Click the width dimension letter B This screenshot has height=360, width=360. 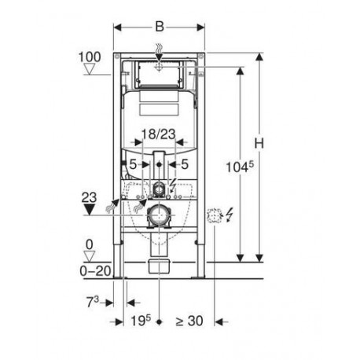pyautogui.click(x=160, y=27)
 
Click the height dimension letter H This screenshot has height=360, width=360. pyautogui.click(x=259, y=143)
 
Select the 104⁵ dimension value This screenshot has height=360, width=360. pyautogui.click(x=240, y=167)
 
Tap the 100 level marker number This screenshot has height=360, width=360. pyautogui.click(x=90, y=57)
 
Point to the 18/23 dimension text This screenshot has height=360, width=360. pyautogui.click(x=159, y=134)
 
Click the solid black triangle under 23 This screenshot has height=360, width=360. pyautogui.click(x=89, y=210)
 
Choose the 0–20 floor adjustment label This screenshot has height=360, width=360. pyautogui.click(x=95, y=270)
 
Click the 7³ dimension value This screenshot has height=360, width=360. pyautogui.click(x=93, y=302)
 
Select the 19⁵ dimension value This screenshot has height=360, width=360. pyautogui.click(x=141, y=321)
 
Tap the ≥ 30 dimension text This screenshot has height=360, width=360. pyautogui.click(x=189, y=321)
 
